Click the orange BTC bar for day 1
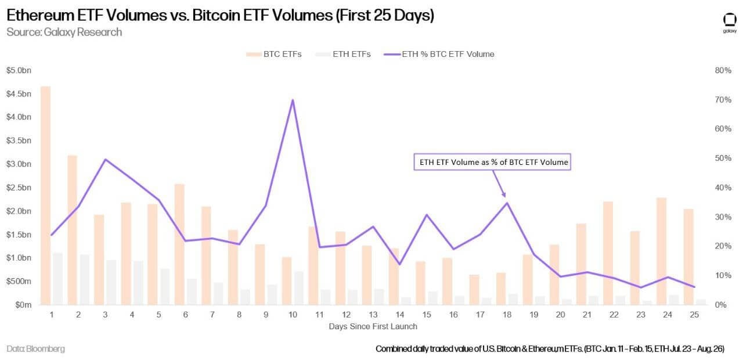(x=46, y=195)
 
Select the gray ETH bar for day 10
(x=298, y=288)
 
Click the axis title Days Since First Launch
(x=373, y=326)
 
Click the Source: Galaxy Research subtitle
(x=64, y=32)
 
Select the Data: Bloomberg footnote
(x=36, y=349)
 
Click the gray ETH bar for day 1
(x=57, y=279)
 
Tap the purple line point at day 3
(x=105, y=159)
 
